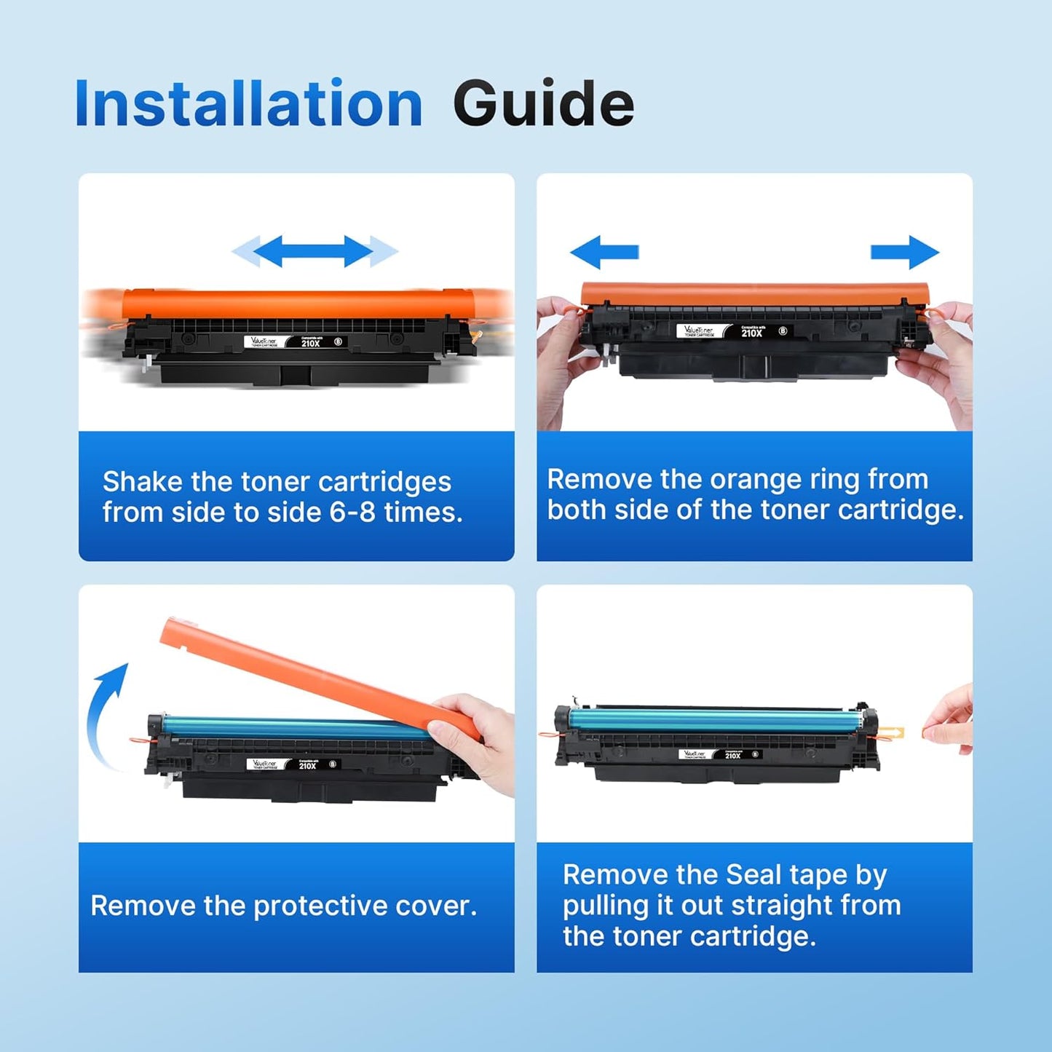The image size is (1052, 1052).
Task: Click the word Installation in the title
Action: point(248,103)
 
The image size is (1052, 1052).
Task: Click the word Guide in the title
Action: point(543,103)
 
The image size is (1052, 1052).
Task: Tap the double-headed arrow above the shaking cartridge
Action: point(315,251)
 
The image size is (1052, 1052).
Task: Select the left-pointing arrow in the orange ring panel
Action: point(604,252)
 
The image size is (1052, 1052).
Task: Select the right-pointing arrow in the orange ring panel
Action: point(905,252)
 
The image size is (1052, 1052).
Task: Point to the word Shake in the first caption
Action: point(143,482)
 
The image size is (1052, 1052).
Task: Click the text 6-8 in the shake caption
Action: point(352,513)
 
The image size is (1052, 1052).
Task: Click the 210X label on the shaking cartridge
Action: point(311,343)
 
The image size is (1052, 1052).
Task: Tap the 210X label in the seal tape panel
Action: point(732,756)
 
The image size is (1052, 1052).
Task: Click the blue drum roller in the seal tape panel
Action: point(713,721)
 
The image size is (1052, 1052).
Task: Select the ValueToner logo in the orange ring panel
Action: point(699,331)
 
